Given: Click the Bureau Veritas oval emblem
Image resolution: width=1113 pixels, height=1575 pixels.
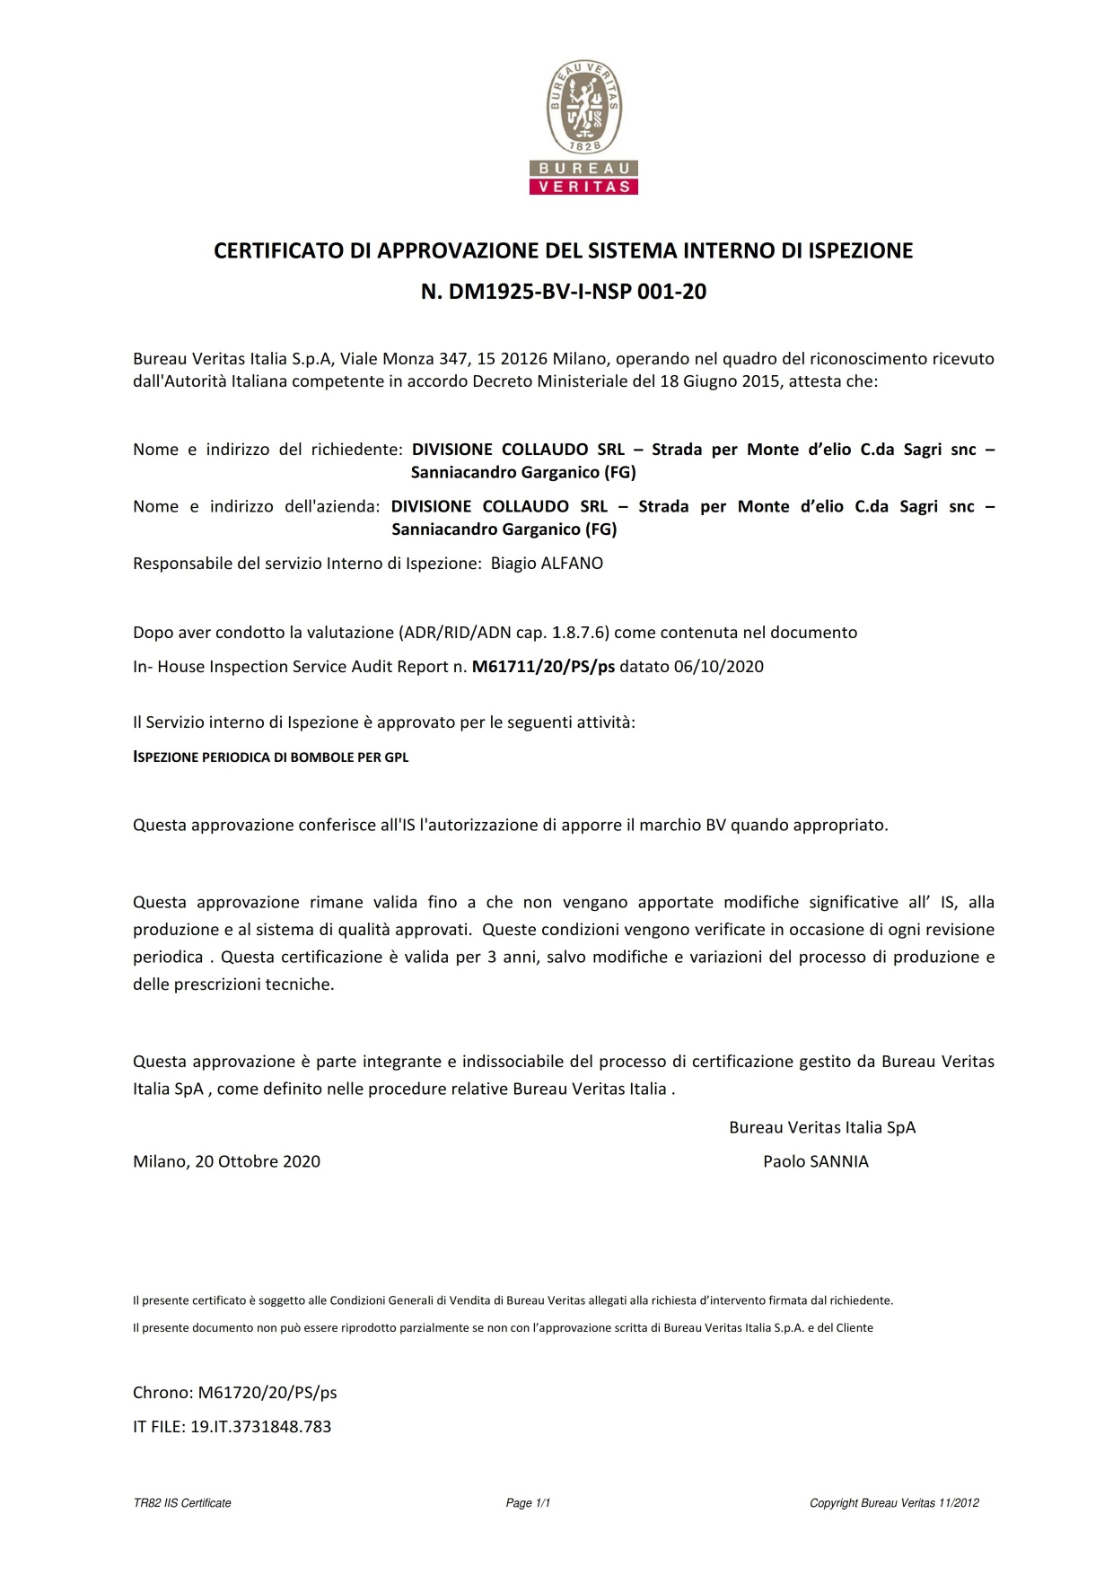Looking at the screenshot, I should pyautogui.click(x=584, y=108).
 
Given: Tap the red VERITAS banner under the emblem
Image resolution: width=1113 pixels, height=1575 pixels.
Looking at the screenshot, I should pyautogui.click(x=583, y=187).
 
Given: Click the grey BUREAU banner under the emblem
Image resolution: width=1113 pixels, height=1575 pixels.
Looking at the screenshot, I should pyautogui.click(x=583, y=169).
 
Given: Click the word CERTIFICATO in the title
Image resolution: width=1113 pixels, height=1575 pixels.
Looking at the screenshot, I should pyautogui.click(x=279, y=251).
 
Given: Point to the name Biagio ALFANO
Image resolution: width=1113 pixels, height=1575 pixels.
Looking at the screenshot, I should pyautogui.click(x=547, y=564).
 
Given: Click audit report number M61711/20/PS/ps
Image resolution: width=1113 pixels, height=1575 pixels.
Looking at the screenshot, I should pyautogui.click(x=543, y=667).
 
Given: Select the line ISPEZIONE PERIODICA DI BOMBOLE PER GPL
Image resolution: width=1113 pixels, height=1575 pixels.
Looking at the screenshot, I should pyautogui.click(x=270, y=757).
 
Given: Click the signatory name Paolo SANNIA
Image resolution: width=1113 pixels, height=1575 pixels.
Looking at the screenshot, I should pyautogui.click(x=815, y=1161).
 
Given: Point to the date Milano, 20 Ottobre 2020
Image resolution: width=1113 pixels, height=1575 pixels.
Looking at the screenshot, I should pyautogui.click(x=226, y=1161).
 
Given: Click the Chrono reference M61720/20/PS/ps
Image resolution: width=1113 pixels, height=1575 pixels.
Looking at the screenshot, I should pyautogui.click(x=267, y=1393).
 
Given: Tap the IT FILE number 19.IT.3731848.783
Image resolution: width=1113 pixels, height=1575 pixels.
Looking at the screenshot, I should pyautogui.click(x=260, y=1427).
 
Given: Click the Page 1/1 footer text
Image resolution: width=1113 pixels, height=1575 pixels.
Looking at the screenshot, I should pyautogui.click(x=528, y=1503).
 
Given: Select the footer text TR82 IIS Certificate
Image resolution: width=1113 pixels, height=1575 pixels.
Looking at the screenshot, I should pyautogui.click(x=182, y=1503).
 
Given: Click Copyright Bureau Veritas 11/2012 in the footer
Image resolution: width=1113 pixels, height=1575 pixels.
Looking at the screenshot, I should pyautogui.click(x=894, y=1503).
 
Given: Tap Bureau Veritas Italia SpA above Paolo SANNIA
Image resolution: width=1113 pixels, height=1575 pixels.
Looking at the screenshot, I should pyautogui.click(x=822, y=1128).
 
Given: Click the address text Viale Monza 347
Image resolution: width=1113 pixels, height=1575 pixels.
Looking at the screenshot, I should pyautogui.click(x=403, y=359).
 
